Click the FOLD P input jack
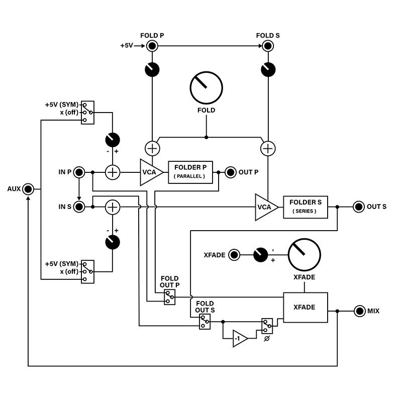click(x=152, y=46)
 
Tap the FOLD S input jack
click(x=268, y=46)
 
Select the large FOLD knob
click(x=207, y=87)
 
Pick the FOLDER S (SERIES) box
click(x=306, y=206)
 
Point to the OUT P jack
click(x=231, y=172)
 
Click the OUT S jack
click(x=359, y=207)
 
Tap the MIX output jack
click(x=359, y=311)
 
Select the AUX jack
click(x=28, y=189)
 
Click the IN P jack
click(x=79, y=172)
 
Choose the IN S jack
click(x=79, y=207)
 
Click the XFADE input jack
click(x=234, y=255)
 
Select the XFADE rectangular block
click(x=306, y=307)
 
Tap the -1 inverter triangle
click(x=239, y=339)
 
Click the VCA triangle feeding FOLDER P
click(x=150, y=172)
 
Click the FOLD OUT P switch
click(x=170, y=297)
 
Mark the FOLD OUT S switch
click(x=205, y=322)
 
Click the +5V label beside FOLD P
click(x=127, y=46)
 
